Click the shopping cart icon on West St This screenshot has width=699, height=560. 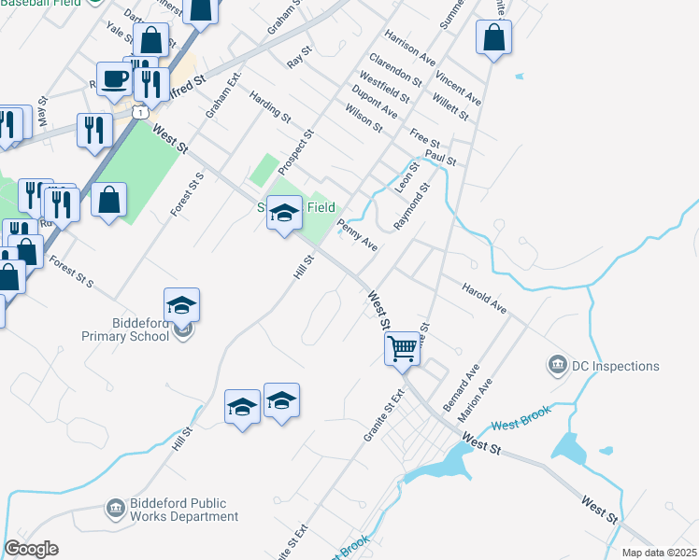(x=402, y=349)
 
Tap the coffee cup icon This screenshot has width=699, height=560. (x=115, y=78)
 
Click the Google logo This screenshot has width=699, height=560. (x=31, y=549)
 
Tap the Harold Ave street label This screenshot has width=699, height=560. (x=484, y=295)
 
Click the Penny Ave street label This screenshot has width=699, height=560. (x=357, y=235)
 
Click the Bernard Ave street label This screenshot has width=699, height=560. (x=461, y=389)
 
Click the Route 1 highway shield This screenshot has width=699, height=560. (x=139, y=112)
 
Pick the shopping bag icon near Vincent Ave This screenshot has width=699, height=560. (x=493, y=37)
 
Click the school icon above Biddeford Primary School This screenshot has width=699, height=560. (x=181, y=304)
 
